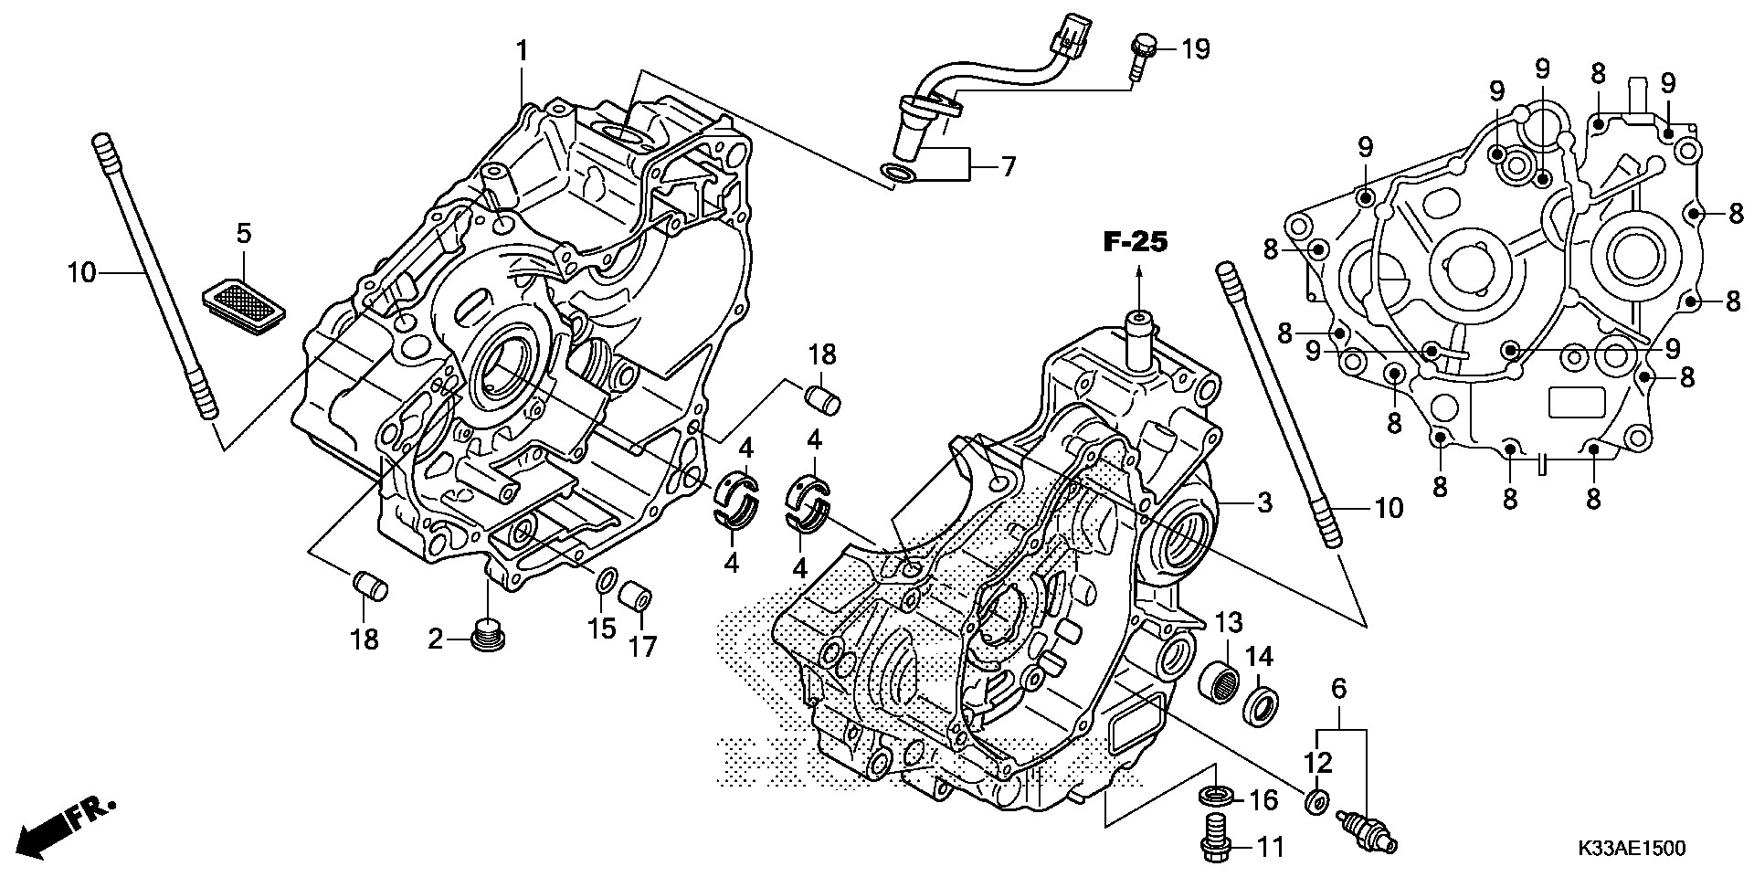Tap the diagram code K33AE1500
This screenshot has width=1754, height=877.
pos(1630,849)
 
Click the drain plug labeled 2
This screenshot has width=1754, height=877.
pos(487,637)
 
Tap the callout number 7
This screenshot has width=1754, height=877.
pos(1008,166)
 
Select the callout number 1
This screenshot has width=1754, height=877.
pos(522,51)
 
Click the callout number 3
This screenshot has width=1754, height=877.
pos(1264,502)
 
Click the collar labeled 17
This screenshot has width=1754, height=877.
pos(636,598)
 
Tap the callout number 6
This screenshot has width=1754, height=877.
pos(1338,690)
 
